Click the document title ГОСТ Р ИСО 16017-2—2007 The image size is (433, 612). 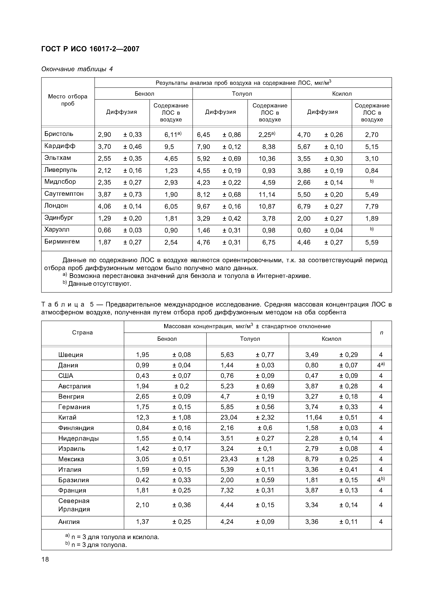90,49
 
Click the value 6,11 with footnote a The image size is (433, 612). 173,135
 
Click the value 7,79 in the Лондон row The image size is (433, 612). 372,207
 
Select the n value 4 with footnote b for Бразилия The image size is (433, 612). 381,480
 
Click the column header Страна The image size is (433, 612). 82,333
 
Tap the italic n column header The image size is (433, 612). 381,333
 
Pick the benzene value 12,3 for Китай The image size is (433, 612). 143,417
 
